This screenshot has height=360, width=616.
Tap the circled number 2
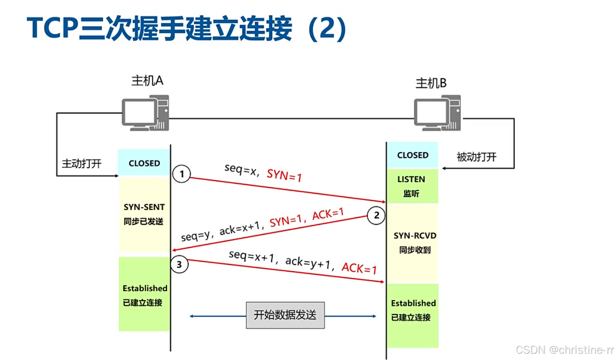[x=376, y=216]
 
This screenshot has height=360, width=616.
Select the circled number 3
[x=180, y=265]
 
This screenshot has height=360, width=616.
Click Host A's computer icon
[x=145, y=113]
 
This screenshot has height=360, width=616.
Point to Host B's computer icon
[x=437, y=113]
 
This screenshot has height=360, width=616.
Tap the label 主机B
[x=431, y=84]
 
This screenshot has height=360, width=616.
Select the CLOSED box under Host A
[x=144, y=163]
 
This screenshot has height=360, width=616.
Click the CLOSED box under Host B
[x=413, y=155]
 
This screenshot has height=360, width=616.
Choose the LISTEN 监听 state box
[x=412, y=186]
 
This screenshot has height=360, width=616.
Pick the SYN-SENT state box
[x=144, y=214]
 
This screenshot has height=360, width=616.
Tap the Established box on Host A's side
[x=145, y=295]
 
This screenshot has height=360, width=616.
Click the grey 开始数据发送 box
[x=285, y=315]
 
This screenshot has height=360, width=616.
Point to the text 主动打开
[x=82, y=163]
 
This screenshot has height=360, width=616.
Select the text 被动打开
[x=476, y=157]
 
